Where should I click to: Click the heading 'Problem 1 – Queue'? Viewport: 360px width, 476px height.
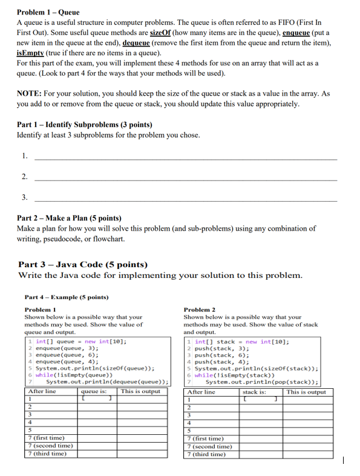point(48,12)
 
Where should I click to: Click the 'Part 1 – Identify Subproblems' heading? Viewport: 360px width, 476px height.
point(84,125)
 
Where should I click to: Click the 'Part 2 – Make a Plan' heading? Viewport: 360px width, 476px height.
point(69,218)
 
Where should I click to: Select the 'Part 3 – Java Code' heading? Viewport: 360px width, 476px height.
point(83,265)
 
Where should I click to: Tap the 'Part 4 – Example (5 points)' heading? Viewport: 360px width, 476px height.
point(66,297)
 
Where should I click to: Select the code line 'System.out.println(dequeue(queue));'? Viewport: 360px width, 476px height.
point(106,382)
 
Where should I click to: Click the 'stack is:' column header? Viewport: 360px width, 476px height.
point(254,392)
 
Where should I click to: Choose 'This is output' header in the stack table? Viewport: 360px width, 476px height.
point(306,392)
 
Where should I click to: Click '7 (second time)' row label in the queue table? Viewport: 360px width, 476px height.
point(51,445)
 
